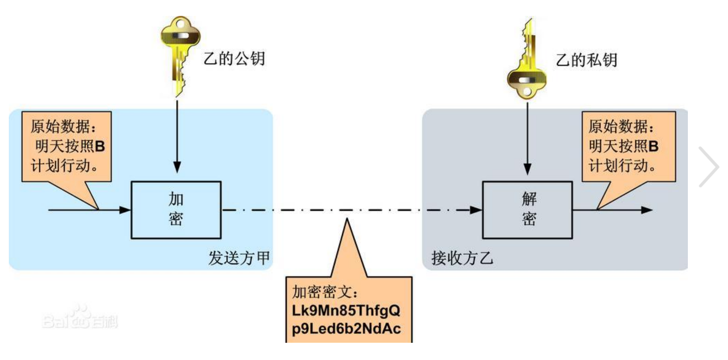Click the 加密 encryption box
click(x=176, y=210)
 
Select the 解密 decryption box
click(x=527, y=210)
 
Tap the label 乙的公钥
click(x=234, y=59)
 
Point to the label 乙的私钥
click(x=586, y=60)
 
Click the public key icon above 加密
click(x=180, y=53)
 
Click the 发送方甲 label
click(x=239, y=258)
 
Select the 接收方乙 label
click(x=462, y=258)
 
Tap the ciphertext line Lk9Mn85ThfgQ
click(x=346, y=311)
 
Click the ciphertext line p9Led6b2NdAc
click(x=346, y=329)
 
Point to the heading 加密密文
click(x=325, y=292)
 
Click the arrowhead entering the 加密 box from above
click(x=177, y=168)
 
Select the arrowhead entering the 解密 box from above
click(x=527, y=169)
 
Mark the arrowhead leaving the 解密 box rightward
click(x=646, y=210)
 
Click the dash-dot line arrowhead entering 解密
click(x=476, y=210)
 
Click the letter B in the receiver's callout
click(x=653, y=146)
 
